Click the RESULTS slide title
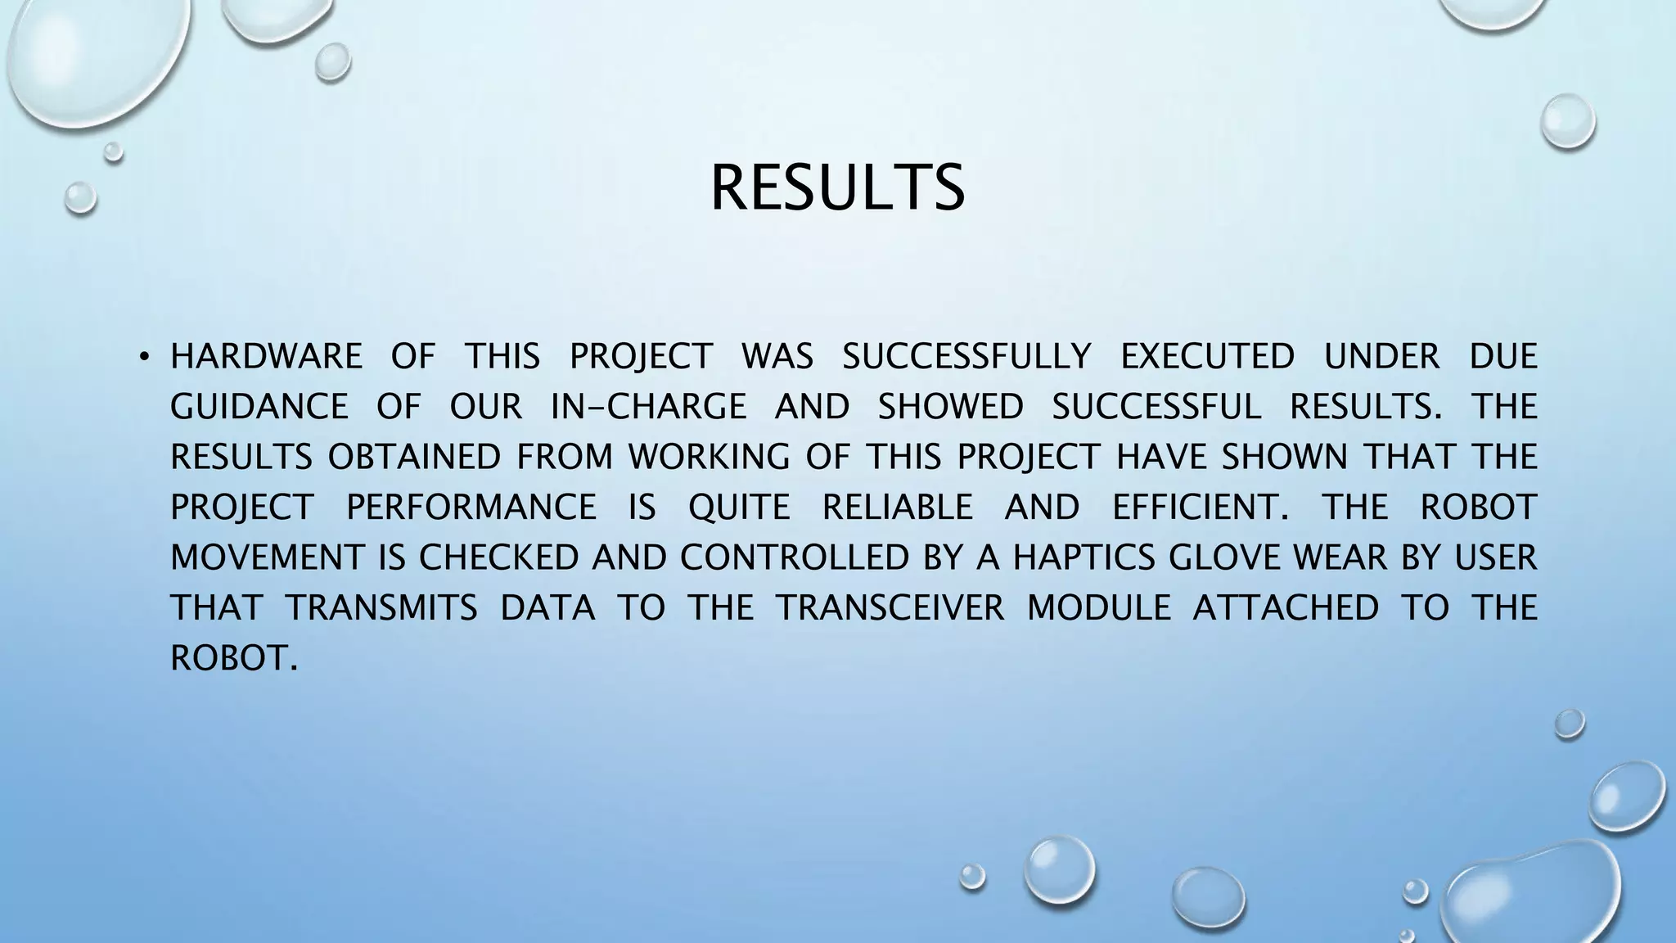coord(837,187)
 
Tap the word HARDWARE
coord(266,357)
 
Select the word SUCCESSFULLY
coord(966,357)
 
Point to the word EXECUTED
coord(1207,357)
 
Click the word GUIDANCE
coord(259,407)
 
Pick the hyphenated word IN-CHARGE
coord(648,407)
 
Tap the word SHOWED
coord(950,407)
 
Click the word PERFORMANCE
coord(471,508)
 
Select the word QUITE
coord(739,508)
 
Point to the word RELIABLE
coord(897,508)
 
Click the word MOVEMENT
coord(266,557)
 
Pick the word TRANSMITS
coord(381,608)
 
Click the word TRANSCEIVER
coord(890,608)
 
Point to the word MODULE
coord(1099,608)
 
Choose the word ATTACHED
coord(1286,608)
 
